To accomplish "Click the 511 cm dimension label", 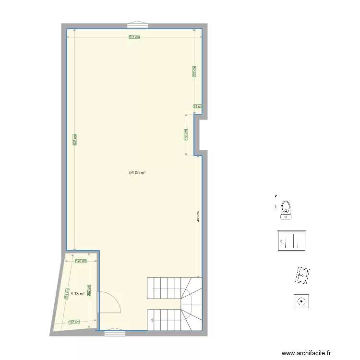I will click(x=134, y=37).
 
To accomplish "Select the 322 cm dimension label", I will click(x=194, y=72).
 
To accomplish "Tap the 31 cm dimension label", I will click(x=198, y=107).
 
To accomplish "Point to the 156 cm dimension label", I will click(x=186, y=134).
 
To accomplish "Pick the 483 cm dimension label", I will click(x=198, y=216).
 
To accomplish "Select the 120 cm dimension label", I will click(x=81, y=261).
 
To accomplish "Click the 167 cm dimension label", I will click(x=73, y=322).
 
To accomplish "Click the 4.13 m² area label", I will click(x=78, y=293).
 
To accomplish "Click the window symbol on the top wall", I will click(x=138, y=24).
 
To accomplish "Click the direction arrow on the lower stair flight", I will click(x=152, y=319).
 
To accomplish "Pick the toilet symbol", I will click(x=286, y=210).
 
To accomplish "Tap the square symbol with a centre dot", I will click(x=301, y=301).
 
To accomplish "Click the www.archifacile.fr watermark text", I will click(x=306, y=353).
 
